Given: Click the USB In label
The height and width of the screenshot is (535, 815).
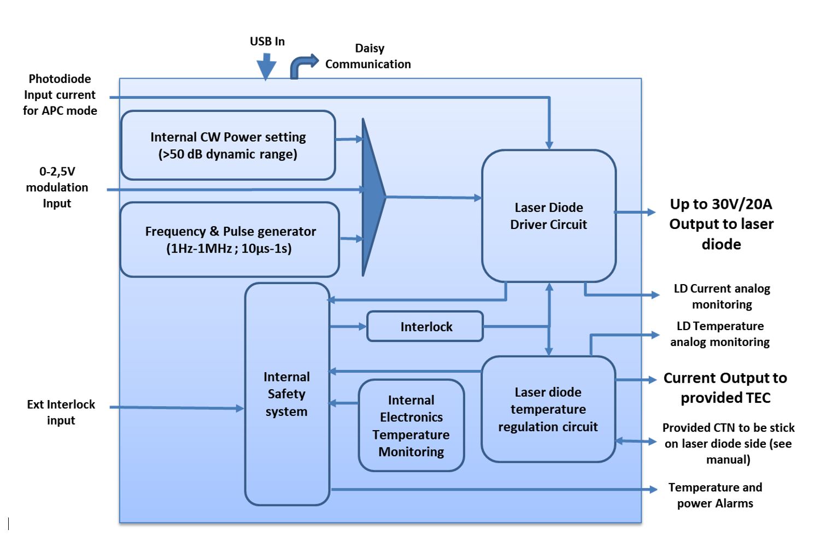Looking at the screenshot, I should point(267,42).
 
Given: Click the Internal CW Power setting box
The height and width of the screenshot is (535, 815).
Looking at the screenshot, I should point(227,145).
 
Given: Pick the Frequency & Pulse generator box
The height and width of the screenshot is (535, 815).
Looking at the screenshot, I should point(230,239).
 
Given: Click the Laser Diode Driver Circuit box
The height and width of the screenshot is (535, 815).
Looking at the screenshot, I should point(548,216).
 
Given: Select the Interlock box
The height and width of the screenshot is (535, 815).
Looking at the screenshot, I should point(425,327).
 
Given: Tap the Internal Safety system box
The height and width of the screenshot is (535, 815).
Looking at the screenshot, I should point(286,393).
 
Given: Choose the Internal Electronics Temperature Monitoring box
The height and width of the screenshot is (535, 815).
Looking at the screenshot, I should point(411,426).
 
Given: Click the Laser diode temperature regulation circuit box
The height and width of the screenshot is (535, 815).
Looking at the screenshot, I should point(548,409).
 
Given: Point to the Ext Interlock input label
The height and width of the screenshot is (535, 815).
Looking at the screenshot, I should point(61,412).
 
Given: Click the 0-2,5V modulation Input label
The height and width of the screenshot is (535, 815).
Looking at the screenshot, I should point(57,187).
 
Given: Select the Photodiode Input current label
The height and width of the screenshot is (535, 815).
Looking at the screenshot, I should point(60,95).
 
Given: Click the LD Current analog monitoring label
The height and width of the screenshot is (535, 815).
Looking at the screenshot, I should point(722,296).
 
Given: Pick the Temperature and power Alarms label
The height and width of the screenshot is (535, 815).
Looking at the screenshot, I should point(714,495).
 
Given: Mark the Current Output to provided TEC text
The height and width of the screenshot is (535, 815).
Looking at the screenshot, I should point(725,387).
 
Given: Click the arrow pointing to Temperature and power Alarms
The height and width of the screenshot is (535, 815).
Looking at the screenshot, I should point(492,489).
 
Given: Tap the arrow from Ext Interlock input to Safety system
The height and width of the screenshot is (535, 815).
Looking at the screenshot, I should point(175,408).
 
